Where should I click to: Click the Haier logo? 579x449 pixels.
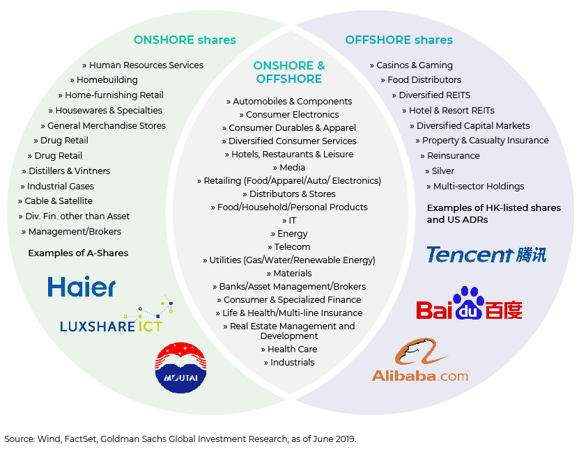pyautogui.click(x=82, y=286)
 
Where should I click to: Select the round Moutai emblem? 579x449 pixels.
pyautogui.click(x=180, y=368)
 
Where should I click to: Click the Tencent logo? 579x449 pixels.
pyautogui.click(x=486, y=255)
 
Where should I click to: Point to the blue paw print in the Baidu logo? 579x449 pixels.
pyautogui.click(x=469, y=303)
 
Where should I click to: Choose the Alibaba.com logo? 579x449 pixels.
pyautogui.click(x=420, y=360)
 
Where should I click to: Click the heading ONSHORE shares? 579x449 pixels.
pyautogui.click(x=185, y=40)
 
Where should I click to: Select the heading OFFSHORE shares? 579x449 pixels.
pyautogui.click(x=399, y=40)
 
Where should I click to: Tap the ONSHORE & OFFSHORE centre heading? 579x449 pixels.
pyautogui.click(x=289, y=72)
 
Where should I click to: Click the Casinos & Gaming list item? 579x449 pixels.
pyautogui.click(x=411, y=65)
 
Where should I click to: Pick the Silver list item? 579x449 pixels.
pyautogui.click(x=440, y=171)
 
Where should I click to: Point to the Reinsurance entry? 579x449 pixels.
pyautogui.click(x=450, y=156)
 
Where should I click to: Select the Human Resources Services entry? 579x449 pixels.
pyautogui.click(x=143, y=65)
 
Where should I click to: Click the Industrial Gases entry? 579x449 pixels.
pyautogui.click(x=57, y=187)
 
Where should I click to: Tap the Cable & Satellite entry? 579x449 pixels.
pyautogui.click(x=55, y=201)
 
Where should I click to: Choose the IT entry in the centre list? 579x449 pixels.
pyautogui.click(x=289, y=221)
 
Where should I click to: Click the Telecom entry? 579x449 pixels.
pyautogui.click(x=289, y=247)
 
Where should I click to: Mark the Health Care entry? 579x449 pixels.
pyautogui.click(x=289, y=349)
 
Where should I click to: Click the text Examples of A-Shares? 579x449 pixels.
pyautogui.click(x=78, y=253)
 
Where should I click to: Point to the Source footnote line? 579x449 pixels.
pyautogui.click(x=180, y=439)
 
